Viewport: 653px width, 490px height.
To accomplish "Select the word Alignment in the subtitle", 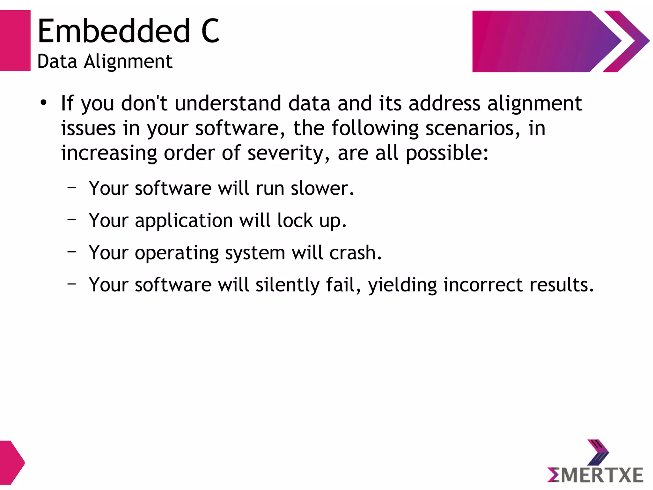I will tap(128, 61).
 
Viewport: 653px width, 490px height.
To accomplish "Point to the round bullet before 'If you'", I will tap(44, 103).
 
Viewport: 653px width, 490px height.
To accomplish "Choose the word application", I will tap(184, 221).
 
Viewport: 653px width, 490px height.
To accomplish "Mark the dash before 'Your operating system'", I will tap(72, 252).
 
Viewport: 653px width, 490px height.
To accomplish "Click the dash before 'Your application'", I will tap(72, 219).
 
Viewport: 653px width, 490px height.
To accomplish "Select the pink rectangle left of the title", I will tap(15, 41).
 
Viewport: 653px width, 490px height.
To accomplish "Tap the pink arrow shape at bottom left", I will tap(11, 463).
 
